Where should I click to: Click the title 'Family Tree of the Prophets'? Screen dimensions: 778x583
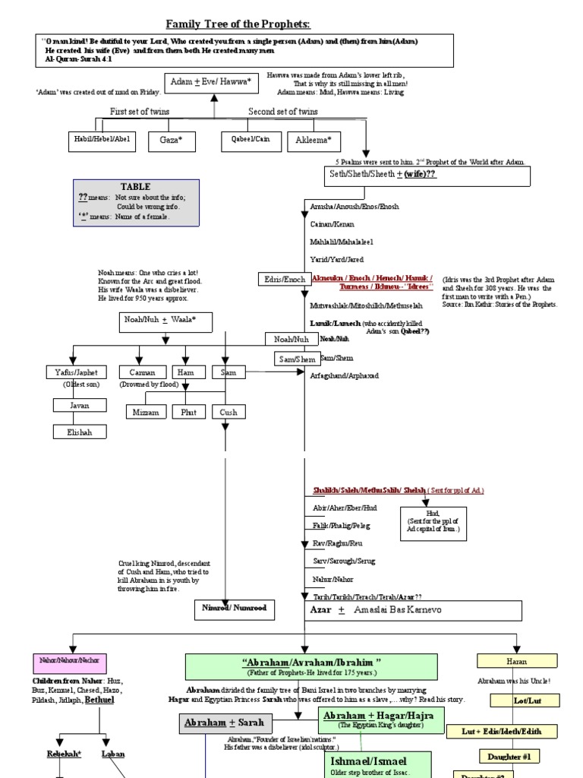[x=238, y=25]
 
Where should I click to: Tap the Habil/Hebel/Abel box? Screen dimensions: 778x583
[x=101, y=140]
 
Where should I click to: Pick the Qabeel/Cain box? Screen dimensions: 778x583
[x=250, y=140]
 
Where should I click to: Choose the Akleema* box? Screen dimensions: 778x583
[x=314, y=141]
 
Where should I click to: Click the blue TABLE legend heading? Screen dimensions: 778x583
[x=135, y=187]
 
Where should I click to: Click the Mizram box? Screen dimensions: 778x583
[x=147, y=412]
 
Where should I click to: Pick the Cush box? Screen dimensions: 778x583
[x=228, y=412]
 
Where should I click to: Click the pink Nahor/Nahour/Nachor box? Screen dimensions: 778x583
[x=70, y=659]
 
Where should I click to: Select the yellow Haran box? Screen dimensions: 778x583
[x=516, y=661]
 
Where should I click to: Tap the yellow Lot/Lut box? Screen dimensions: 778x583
[x=525, y=700]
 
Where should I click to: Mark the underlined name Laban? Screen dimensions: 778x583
[x=113, y=754]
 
